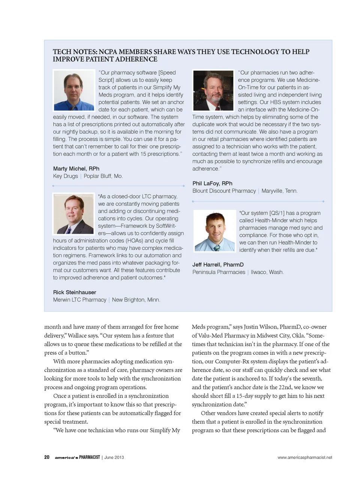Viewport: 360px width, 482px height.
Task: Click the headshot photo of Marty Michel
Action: click(74, 90)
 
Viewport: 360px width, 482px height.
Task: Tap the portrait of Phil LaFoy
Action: click(213, 90)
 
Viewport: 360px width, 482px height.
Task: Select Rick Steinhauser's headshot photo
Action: click(73, 214)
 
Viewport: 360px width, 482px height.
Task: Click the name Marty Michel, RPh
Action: click(76, 169)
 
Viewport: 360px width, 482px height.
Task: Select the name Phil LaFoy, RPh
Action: click(212, 183)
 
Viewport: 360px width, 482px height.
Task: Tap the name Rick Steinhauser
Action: click(75, 292)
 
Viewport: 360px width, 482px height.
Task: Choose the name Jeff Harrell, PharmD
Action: click(218, 265)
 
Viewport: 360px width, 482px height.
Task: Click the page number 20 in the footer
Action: click(47, 457)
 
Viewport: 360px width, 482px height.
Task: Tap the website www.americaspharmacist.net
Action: click(304, 457)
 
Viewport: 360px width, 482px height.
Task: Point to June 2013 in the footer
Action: click(114, 457)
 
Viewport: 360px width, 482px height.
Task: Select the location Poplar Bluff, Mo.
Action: click(103, 176)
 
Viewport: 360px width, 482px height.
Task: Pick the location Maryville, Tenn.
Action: click(279, 191)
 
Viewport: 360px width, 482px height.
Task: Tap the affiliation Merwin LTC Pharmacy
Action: click(79, 300)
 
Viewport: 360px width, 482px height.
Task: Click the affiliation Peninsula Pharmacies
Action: click(219, 272)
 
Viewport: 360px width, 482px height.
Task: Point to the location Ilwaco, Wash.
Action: click(267, 272)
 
